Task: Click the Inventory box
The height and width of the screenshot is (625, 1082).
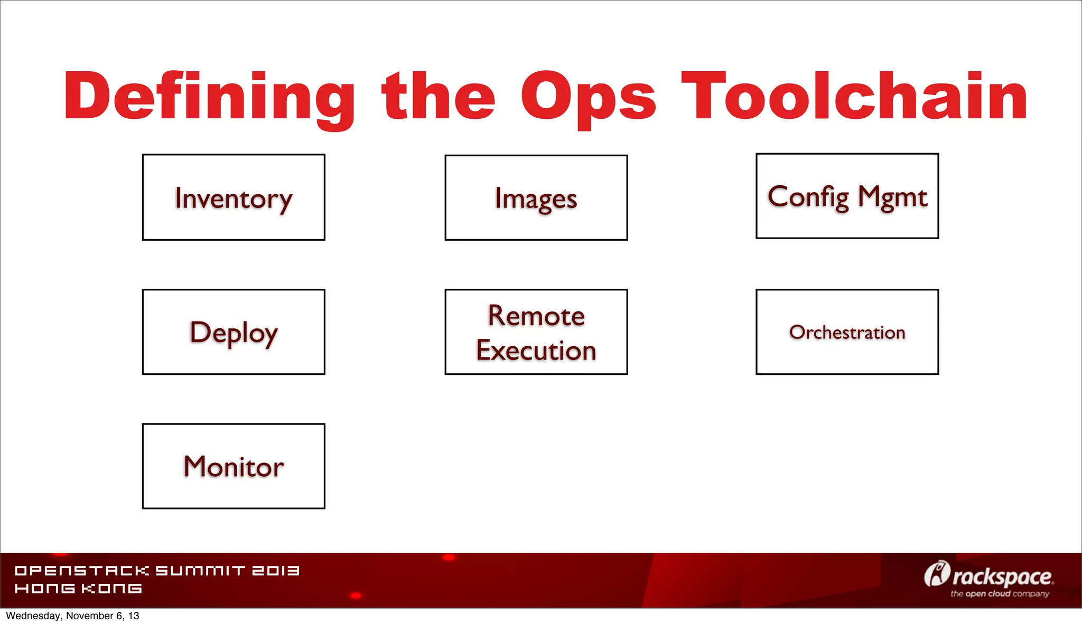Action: coord(234,197)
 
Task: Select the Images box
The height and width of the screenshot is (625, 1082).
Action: coord(536,197)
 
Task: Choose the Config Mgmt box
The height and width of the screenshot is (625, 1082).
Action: coord(847,196)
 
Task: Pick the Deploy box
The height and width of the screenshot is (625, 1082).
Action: coord(234,332)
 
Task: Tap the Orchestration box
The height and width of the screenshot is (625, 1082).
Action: coord(847,332)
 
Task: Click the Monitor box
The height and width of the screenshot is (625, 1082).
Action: coord(234,466)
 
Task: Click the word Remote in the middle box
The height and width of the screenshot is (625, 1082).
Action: coord(536,316)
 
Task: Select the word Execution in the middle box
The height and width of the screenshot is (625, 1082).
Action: coord(536,351)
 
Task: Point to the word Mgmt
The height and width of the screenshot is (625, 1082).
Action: coord(893,197)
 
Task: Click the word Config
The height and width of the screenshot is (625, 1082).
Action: coord(808,197)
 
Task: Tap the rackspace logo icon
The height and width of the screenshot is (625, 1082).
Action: coord(937,574)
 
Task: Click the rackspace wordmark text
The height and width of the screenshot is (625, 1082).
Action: coord(1002,577)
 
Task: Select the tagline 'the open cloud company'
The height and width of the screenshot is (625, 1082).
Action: coord(1000,594)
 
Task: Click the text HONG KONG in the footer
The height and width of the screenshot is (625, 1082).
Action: coord(78,589)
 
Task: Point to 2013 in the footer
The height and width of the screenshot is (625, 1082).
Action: coord(275,571)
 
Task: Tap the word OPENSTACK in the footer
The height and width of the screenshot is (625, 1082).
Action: coord(82,571)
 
